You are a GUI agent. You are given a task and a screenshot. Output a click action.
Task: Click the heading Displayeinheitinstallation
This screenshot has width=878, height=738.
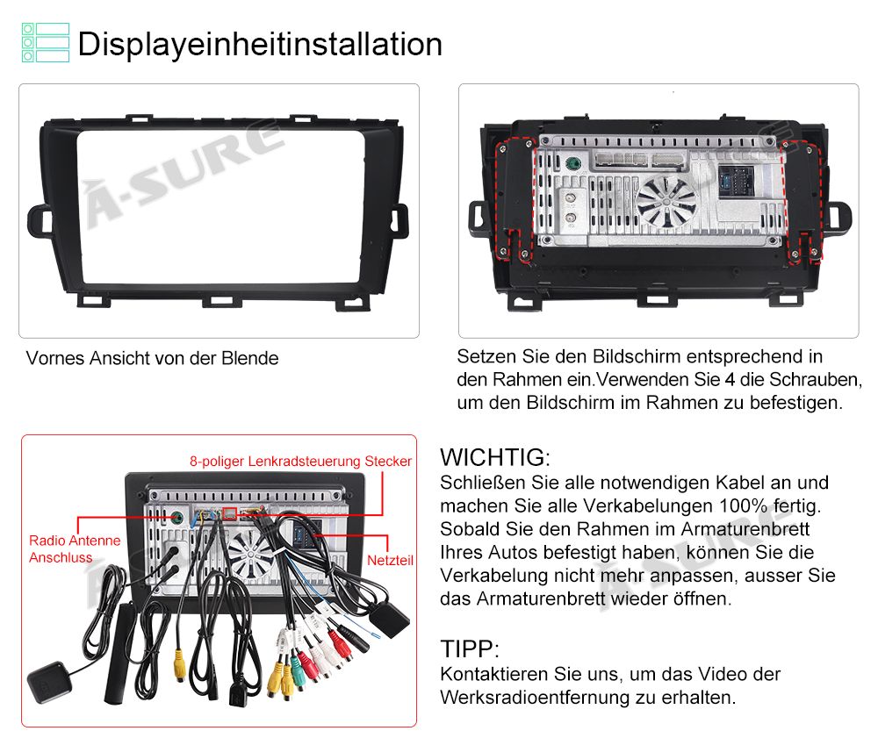click(260, 44)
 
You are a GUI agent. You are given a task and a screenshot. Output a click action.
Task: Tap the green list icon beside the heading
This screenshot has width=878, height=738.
click(46, 42)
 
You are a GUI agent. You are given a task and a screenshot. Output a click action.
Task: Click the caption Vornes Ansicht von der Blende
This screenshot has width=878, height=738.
click(152, 358)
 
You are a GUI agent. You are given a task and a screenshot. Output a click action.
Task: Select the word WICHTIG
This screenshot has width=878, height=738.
click(493, 457)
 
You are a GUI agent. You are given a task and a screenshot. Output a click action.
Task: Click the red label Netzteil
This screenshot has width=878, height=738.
click(391, 560)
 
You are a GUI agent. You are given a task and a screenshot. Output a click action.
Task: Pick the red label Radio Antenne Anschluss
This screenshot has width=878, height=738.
click(75, 548)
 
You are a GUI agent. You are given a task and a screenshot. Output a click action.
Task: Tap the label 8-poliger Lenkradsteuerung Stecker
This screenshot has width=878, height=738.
click(300, 461)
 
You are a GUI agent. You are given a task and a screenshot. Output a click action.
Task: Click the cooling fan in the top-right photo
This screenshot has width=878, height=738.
click(666, 203)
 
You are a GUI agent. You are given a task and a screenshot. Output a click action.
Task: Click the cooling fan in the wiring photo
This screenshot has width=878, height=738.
click(250, 554)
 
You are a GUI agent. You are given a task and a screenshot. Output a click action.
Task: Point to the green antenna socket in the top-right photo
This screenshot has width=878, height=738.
click(572, 164)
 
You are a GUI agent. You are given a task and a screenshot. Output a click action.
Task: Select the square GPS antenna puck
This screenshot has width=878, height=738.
click(49, 682)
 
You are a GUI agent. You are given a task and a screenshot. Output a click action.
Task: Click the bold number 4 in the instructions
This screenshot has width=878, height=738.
click(730, 379)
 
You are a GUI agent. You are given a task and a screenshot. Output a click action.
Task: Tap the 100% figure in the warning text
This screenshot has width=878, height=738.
click(743, 505)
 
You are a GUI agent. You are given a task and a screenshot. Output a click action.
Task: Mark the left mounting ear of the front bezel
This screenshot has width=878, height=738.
click(40, 220)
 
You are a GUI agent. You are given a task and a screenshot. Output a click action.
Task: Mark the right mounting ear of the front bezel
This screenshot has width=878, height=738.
click(399, 220)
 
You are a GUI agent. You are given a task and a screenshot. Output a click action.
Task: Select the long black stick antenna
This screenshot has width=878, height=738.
click(119, 652)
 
